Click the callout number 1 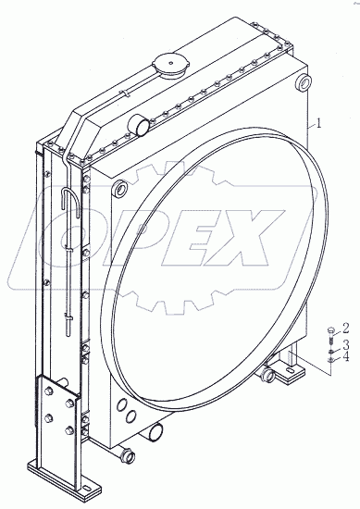[x=318, y=123]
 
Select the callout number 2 [x=345, y=329]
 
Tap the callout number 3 [x=346, y=344]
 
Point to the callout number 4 [x=346, y=357]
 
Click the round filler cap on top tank [x=169, y=66]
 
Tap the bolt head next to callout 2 [x=330, y=329]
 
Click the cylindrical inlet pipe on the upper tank [x=140, y=125]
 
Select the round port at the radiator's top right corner [x=304, y=83]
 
